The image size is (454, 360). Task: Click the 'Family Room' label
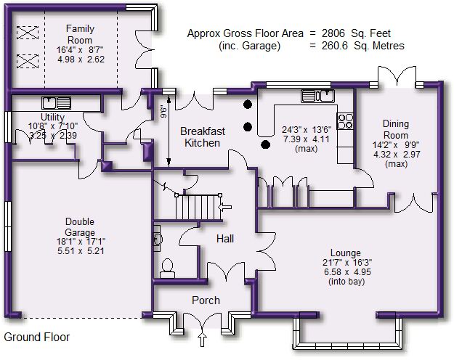[80, 34]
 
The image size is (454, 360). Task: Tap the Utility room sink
[56, 103]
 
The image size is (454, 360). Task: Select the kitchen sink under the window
[317, 96]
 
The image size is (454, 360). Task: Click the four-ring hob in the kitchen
[345, 121]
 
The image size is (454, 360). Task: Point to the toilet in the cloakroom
[167, 269]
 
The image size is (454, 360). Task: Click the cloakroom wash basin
[158, 239]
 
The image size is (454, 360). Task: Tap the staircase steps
[198, 207]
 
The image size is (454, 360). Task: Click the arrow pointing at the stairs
[225, 207]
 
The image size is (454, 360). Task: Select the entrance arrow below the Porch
[203, 340]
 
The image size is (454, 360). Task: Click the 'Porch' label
[206, 300]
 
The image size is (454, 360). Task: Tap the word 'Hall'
[225, 239]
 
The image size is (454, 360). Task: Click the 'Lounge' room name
[346, 253]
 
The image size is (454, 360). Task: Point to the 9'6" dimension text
[164, 112]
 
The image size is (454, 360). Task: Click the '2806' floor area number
[333, 33]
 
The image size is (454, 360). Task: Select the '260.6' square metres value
[334, 46]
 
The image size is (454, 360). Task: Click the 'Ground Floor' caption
[37, 337]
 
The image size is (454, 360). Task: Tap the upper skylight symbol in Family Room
[27, 33]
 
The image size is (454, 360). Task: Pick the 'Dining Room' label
[396, 129]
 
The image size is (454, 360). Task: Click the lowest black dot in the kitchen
[266, 144]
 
